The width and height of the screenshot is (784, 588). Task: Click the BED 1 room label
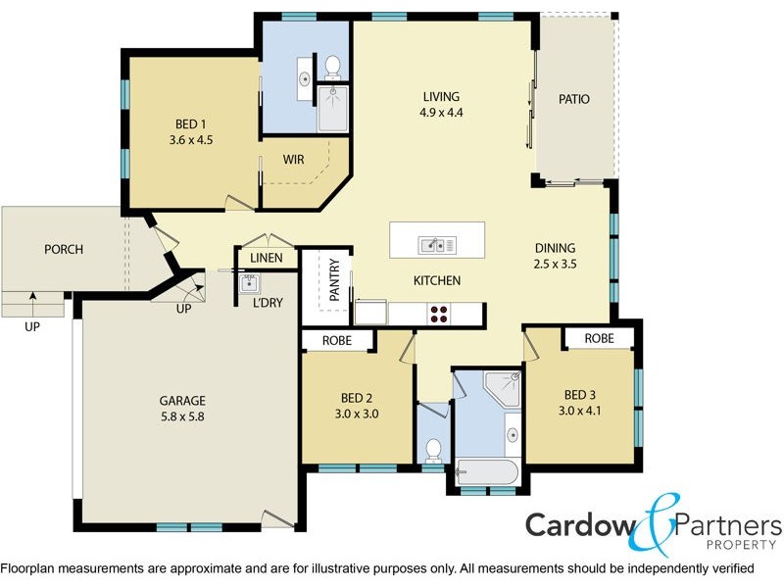pyautogui.click(x=190, y=132)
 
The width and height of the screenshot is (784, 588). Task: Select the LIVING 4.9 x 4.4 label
pyautogui.click(x=441, y=104)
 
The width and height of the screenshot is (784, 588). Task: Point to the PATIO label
pyautogui.click(x=573, y=99)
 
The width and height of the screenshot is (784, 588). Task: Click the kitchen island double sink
pyautogui.click(x=433, y=244)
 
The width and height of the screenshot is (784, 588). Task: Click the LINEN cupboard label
pyautogui.click(x=267, y=259)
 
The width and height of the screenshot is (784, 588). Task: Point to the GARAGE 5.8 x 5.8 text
pyautogui.click(x=182, y=408)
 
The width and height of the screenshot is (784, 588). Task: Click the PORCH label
pyautogui.click(x=64, y=250)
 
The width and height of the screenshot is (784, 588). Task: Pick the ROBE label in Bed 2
pyautogui.click(x=337, y=341)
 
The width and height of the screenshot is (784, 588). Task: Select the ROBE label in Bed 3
pyautogui.click(x=599, y=338)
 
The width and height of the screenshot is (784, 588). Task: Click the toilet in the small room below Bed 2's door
pyautogui.click(x=432, y=451)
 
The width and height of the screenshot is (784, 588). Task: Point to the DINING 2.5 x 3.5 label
pyautogui.click(x=555, y=256)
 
